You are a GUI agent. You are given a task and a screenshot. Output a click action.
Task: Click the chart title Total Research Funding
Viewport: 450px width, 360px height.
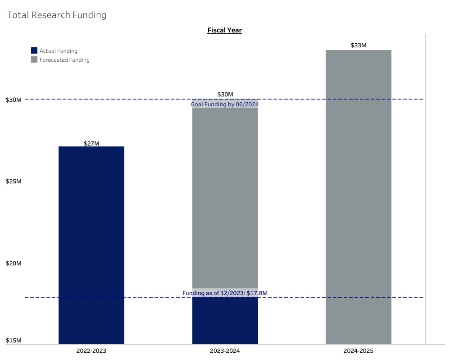point(57,15)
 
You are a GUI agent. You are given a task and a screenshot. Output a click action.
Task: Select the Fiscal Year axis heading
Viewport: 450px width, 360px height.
point(224,30)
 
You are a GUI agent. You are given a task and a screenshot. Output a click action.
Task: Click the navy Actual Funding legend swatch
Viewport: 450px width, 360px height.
point(34,51)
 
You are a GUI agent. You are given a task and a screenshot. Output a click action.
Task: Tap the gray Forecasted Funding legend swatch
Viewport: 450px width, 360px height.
point(34,60)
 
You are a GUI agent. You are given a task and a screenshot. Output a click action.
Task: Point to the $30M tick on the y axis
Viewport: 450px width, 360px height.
point(14,100)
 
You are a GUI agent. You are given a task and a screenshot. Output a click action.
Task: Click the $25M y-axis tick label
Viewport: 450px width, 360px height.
point(14,182)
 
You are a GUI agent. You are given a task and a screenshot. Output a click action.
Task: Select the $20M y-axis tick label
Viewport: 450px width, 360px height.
point(14,263)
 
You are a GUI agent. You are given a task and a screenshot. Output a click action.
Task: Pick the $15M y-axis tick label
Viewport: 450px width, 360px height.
point(14,341)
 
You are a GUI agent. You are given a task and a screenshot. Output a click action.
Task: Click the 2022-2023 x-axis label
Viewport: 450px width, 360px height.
point(91,350)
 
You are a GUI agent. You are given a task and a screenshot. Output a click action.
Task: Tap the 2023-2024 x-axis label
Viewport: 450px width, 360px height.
point(225,350)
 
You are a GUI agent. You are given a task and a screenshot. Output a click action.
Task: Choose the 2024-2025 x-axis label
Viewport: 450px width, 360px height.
point(358,350)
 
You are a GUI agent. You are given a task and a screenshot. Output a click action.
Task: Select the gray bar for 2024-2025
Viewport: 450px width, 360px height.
point(358,198)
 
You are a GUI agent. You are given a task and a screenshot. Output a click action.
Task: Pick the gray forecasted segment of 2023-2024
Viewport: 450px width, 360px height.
point(225,194)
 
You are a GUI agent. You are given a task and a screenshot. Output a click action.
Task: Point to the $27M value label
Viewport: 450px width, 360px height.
point(91,143)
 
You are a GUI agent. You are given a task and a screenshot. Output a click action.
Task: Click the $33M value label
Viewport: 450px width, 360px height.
point(358,46)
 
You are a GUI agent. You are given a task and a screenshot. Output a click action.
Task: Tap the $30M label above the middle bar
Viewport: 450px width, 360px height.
point(225,94)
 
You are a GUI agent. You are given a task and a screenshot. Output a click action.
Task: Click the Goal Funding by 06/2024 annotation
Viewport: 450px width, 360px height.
point(225,105)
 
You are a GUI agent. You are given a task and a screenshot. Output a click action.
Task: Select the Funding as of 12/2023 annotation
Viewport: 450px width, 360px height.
point(225,293)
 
